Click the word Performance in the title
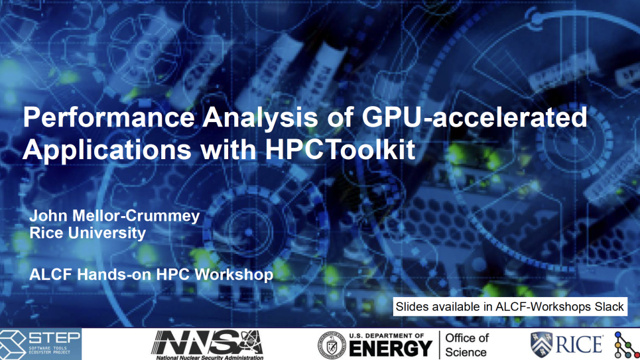pos(109,117)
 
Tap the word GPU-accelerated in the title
pos(475,117)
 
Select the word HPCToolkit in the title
pos(340,149)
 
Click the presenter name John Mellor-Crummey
pos(115,216)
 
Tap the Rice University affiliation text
pos(88,233)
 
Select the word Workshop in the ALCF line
pos(234,274)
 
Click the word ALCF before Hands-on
pos(51,274)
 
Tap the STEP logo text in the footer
pos(54,338)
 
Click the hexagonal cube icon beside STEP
pos(12,344)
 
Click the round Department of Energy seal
pos(332,345)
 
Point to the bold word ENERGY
pos(391,349)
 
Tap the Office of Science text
pos(466,345)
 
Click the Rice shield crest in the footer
pos(542,345)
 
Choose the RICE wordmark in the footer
pos(579,345)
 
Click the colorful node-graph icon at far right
pos(625,345)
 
